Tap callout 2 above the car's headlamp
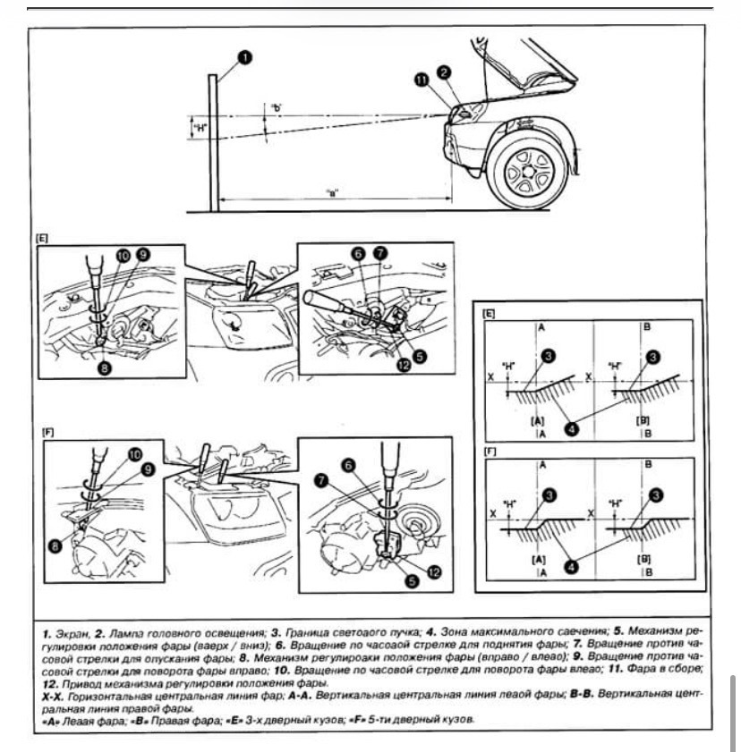[445, 72]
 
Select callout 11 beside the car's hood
[422, 82]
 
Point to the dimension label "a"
[333, 192]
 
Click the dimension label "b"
[277, 108]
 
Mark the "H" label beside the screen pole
[200, 128]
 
